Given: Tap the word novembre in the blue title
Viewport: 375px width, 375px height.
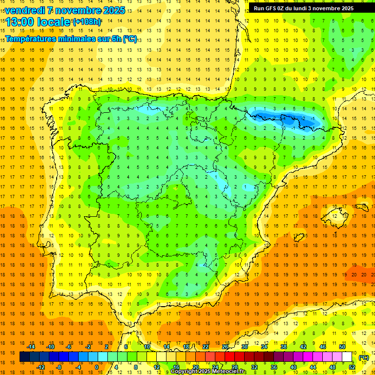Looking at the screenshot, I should pos(77,10).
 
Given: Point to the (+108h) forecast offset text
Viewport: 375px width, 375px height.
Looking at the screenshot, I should pos(86,22).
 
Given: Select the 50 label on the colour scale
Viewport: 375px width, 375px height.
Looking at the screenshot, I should pos(342,346).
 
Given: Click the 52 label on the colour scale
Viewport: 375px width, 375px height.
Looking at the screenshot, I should pos(352,367).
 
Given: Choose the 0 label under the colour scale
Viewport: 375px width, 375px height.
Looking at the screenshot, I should pos(96,367).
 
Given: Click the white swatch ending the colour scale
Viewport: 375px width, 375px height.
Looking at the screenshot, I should pos(347,357).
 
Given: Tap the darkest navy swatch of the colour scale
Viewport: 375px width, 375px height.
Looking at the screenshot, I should pos(24,357).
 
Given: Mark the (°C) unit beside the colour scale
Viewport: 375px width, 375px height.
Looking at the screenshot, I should pos(363,357).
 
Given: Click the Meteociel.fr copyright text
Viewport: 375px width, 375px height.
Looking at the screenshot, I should pos(209,372).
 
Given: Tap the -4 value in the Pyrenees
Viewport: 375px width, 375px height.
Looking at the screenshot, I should pos(285,118).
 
